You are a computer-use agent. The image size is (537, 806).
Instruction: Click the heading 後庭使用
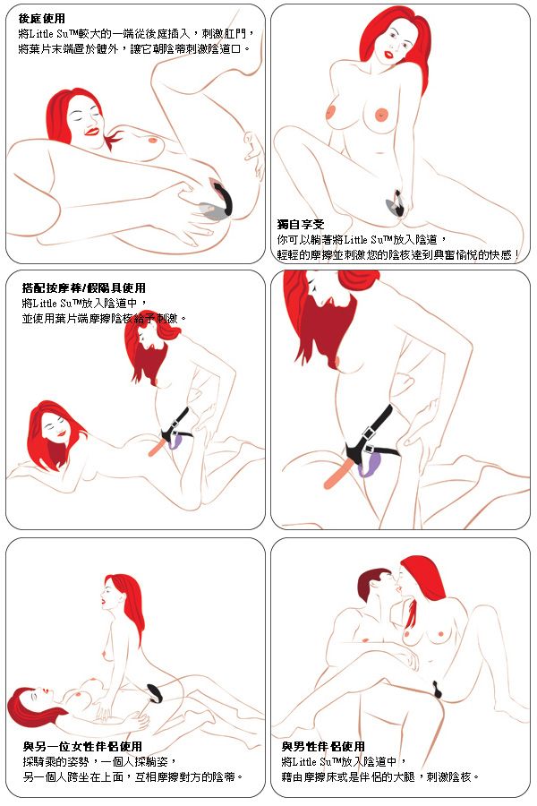[x=42, y=19]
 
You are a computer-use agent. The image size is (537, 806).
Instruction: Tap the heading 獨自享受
[x=301, y=225]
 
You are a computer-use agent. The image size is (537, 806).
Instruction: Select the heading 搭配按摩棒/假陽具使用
[x=84, y=287]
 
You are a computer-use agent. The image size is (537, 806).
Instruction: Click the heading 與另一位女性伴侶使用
[x=82, y=746]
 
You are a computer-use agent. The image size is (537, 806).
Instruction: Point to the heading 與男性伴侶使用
[x=323, y=746]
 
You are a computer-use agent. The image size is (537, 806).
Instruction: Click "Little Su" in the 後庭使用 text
[x=50, y=34]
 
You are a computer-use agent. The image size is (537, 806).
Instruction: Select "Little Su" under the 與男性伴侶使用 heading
[x=311, y=762]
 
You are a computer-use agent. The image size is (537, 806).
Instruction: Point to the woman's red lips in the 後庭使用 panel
[x=92, y=131]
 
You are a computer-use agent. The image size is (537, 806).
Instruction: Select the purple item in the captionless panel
[x=369, y=463]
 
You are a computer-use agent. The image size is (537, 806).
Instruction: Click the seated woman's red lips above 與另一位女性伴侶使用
[x=103, y=600]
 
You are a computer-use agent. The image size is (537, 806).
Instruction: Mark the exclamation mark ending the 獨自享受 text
[x=516, y=255]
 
